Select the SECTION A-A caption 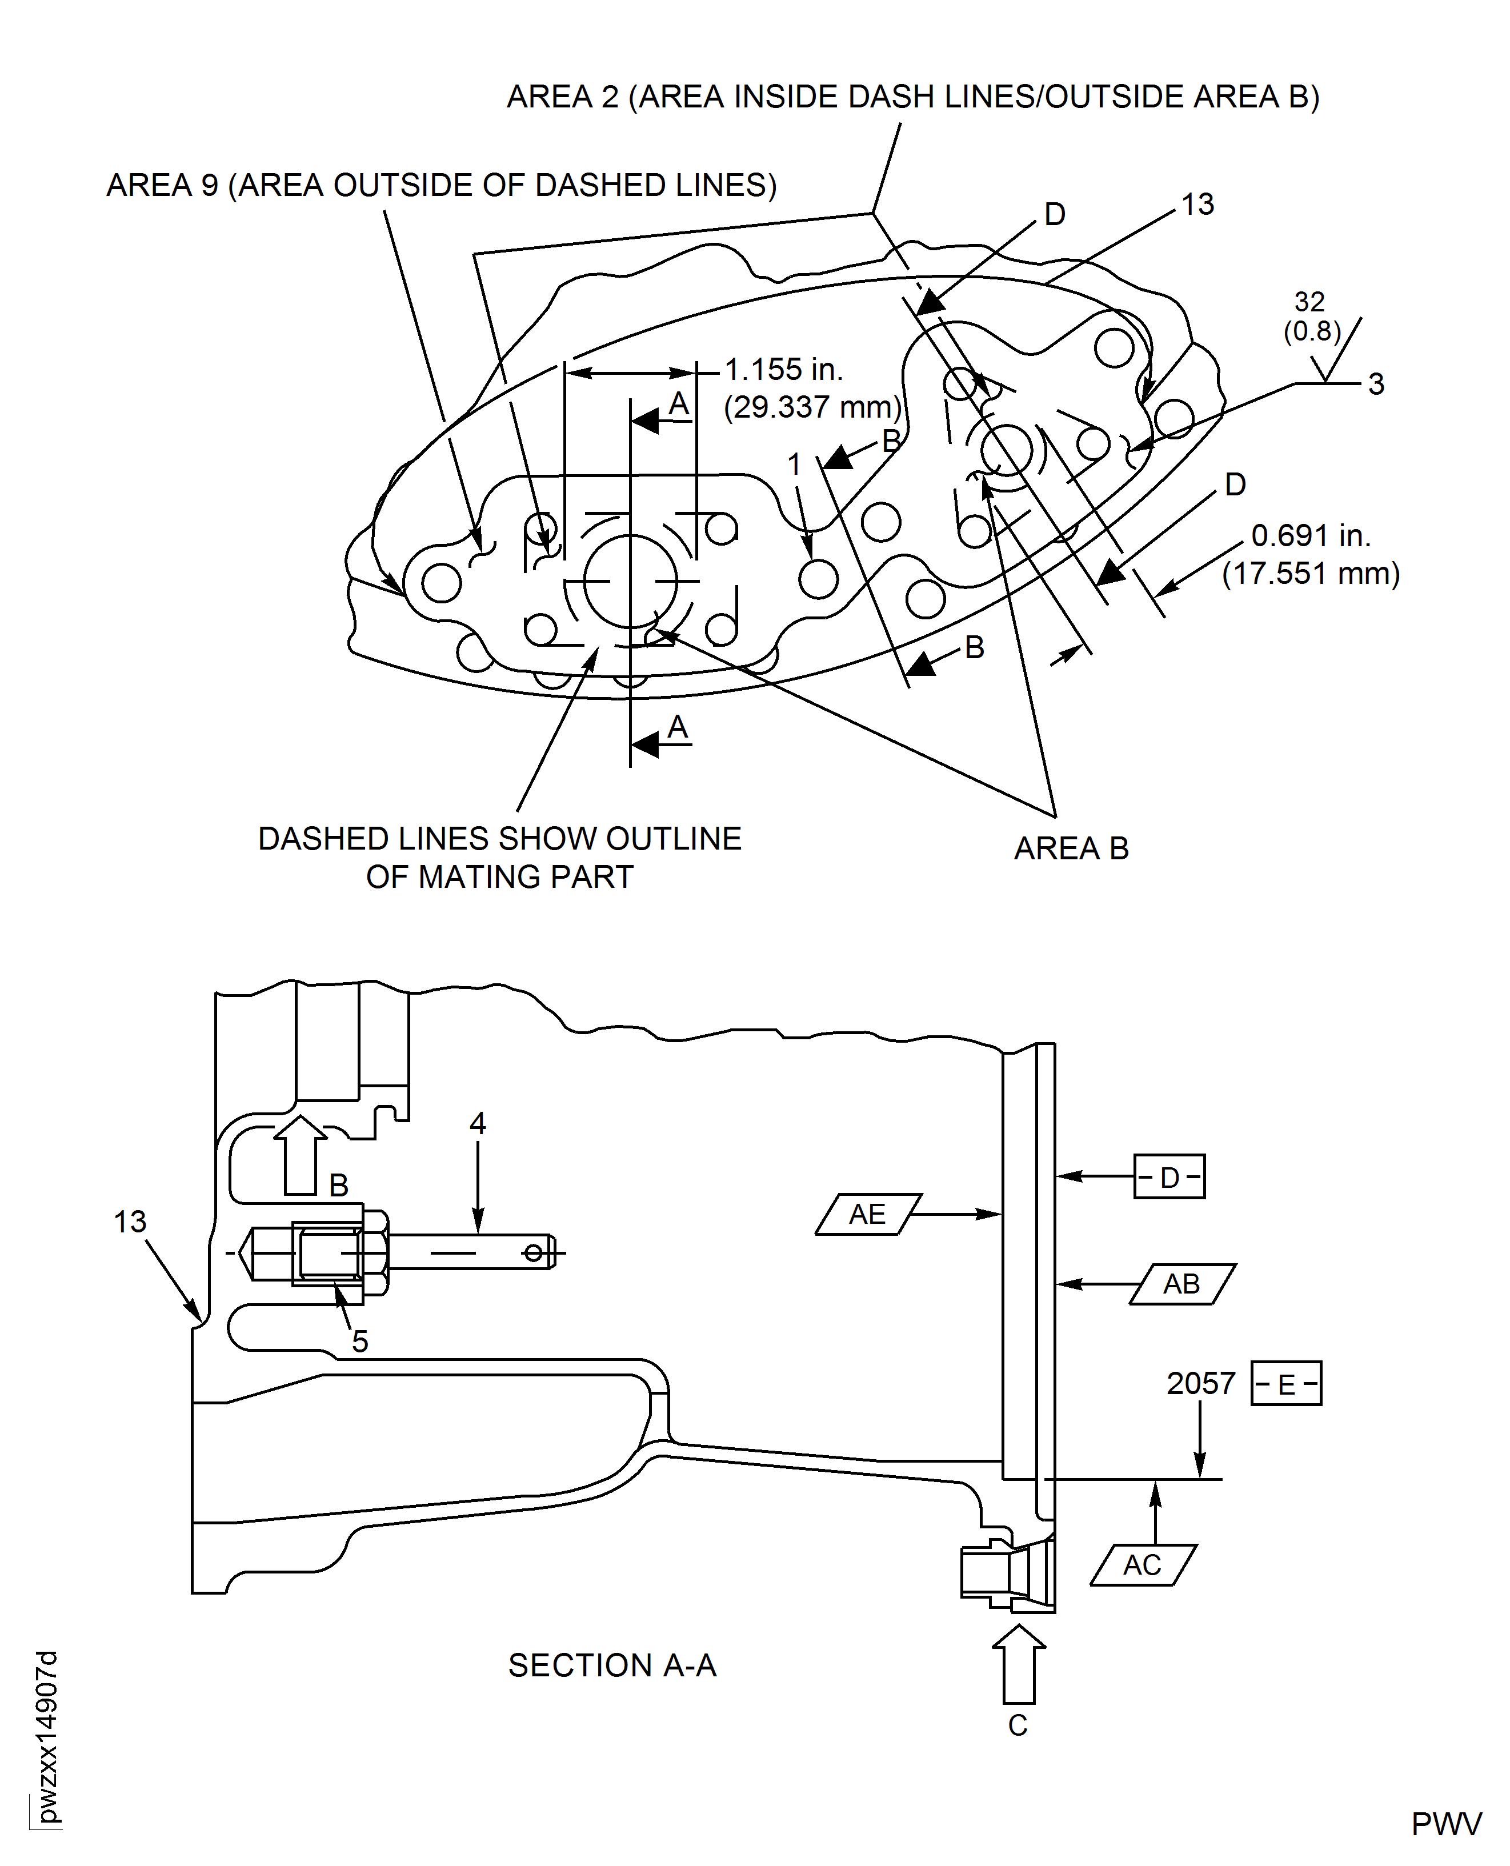point(612,1665)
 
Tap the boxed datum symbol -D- point(1169,1177)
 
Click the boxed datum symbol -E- point(1285,1383)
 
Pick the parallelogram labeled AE point(868,1214)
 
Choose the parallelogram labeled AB point(1182,1283)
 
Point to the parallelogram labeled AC point(1143,1565)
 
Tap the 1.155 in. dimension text point(784,370)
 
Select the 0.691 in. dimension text point(1311,536)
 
